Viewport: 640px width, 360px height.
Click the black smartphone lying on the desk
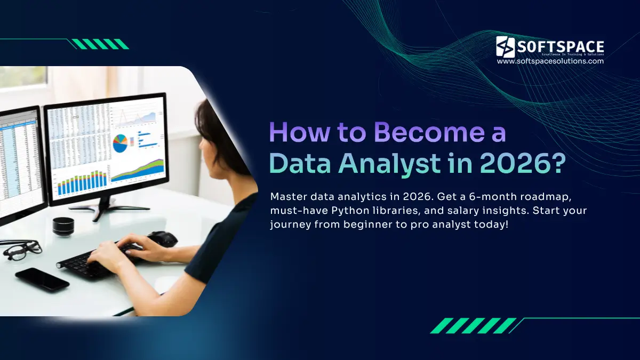42,279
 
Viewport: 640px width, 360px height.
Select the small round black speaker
63,226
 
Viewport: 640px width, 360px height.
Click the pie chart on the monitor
121,143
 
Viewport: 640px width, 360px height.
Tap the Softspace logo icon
506,47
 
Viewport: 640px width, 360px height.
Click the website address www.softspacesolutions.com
550,61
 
